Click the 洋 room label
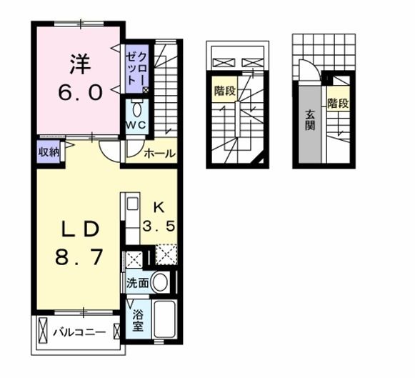point(81,64)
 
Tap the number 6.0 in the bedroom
point(80,92)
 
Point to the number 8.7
point(79,257)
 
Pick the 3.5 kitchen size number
point(159,227)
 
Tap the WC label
point(136,124)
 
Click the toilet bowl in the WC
point(136,109)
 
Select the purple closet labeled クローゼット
point(136,69)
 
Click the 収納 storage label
point(49,152)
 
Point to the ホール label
point(160,153)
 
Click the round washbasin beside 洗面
point(159,282)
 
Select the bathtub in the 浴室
point(164,319)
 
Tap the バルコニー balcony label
point(79,332)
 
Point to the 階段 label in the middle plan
point(225,91)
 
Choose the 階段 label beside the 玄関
point(339,103)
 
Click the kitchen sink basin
point(133,204)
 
